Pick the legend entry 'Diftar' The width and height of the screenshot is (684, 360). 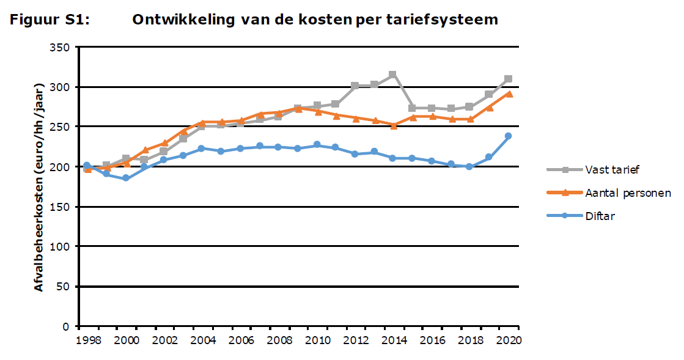599,216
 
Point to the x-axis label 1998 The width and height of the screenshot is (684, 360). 87,340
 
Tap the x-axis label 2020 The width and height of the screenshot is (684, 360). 507,340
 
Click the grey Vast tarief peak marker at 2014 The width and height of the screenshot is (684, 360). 392,75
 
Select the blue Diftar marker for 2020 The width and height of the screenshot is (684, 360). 508,136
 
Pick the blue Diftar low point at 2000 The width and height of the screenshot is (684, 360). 125,178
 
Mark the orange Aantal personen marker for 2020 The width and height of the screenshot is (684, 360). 508,94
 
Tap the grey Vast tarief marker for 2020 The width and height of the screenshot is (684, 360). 508,79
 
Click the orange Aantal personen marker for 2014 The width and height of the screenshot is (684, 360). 393,125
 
